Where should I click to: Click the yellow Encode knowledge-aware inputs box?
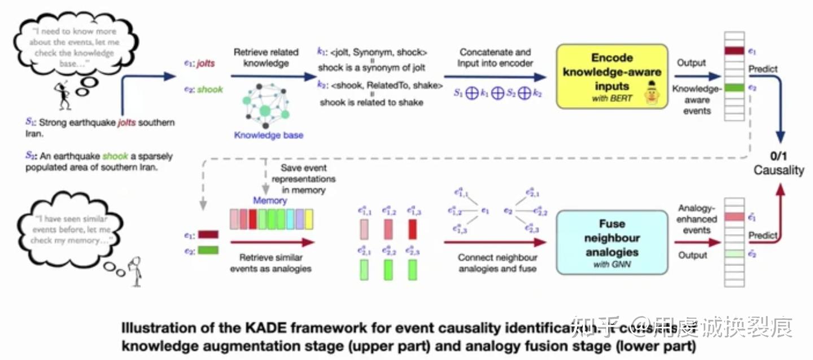611,77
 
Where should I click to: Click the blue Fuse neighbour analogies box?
611,242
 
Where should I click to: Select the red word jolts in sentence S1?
126,122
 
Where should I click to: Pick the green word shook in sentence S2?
115,156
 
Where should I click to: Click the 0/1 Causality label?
779,163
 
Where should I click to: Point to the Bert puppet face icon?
653,93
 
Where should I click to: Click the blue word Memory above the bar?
269,200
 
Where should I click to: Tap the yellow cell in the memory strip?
308,218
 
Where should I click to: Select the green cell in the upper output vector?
734,88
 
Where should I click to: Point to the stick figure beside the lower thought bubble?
135,270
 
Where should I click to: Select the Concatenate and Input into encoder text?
495,58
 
